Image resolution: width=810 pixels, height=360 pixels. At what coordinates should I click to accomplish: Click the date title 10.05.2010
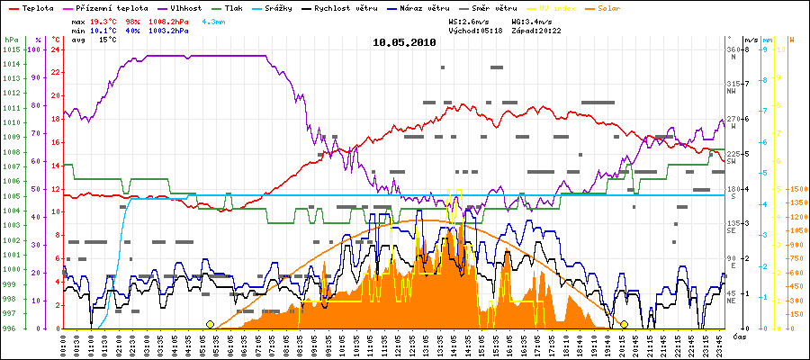(405, 41)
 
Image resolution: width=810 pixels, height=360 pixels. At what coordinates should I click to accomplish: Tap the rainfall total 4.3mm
(213, 20)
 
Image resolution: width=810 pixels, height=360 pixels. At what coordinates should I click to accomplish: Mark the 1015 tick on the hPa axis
(11, 49)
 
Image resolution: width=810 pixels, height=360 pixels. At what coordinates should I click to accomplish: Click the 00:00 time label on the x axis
(63, 342)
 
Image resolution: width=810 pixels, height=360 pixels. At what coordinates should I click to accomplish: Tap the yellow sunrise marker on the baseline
(210, 325)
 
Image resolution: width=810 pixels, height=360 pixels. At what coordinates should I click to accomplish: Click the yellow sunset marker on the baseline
(624, 325)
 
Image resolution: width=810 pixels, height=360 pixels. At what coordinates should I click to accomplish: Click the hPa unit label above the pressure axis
(10, 40)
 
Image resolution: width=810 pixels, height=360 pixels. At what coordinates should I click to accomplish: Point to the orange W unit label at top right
(791, 40)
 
